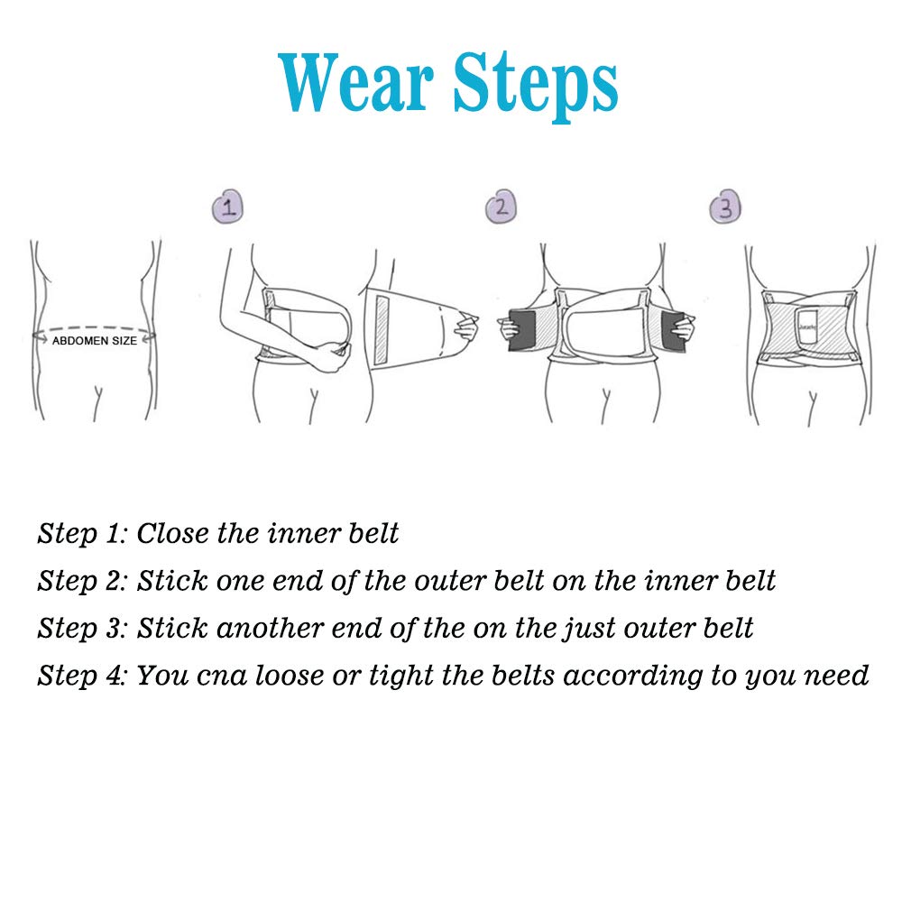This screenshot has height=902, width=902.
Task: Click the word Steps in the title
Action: point(535,87)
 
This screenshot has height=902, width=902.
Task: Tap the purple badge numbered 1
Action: point(228,207)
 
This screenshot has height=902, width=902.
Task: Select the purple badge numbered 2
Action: point(501,207)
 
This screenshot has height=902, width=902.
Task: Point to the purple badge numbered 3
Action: point(725,207)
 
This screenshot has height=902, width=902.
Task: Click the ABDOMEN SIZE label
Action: point(95,341)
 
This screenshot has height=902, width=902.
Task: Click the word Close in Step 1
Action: point(172,533)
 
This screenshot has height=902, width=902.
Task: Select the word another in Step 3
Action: point(270,628)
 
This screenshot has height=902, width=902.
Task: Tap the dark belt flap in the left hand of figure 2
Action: point(522,329)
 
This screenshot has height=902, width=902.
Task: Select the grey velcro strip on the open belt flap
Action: point(382,330)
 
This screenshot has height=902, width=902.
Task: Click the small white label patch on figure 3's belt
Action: point(806,327)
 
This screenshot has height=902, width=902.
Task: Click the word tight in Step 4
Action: point(401,676)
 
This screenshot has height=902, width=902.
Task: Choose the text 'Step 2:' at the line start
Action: point(82,582)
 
